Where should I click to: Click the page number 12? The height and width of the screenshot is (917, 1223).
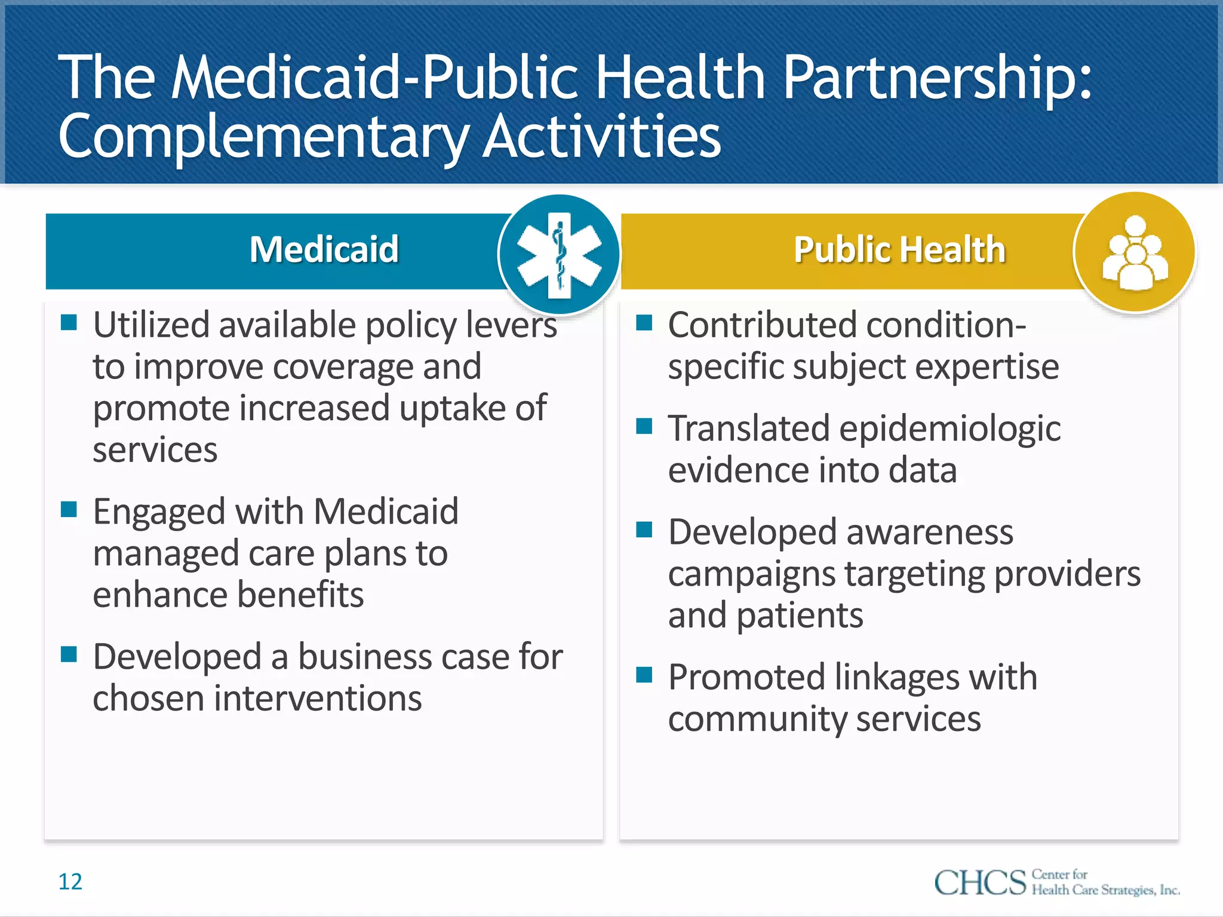(x=70, y=882)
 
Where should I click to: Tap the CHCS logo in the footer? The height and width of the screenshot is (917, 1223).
(x=1056, y=882)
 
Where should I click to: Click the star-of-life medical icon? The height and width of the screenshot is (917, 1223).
(x=560, y=254)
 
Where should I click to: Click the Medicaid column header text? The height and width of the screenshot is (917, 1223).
(x=324, y=250)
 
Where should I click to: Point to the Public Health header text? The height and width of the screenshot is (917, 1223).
(x=899, y=250)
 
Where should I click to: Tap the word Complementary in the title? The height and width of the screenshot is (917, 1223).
(x=263, y=137)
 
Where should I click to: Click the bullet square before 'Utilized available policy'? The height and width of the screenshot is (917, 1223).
(x=69, y=323)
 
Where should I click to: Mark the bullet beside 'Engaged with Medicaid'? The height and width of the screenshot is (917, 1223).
(x=69, y=509)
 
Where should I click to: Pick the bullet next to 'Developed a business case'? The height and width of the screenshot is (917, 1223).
(x=69, y=655)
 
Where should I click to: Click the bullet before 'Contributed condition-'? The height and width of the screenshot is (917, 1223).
(x=644, y=323)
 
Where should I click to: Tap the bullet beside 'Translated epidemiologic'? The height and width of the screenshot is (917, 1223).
(x=644, y=426)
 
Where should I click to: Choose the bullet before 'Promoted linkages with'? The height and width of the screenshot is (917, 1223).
(x=644, y=675)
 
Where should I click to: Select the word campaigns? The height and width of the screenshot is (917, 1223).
(x=752, y=575)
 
